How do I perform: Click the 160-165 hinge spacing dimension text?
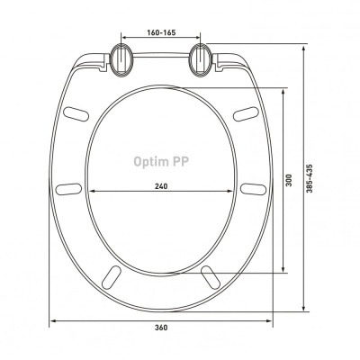[x=161, y=32]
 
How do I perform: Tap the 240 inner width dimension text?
[x=161, y=186]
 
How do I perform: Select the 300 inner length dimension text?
[x=289, y=180]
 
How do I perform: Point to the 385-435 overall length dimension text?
[x=310, y=178]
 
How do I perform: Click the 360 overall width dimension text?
[x=161, y=328]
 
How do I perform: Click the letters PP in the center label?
[x=180, y=161]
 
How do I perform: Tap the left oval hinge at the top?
[x=121, y=59]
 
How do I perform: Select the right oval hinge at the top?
[x=201, y=59]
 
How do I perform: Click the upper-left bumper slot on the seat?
[x=76, y=114]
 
